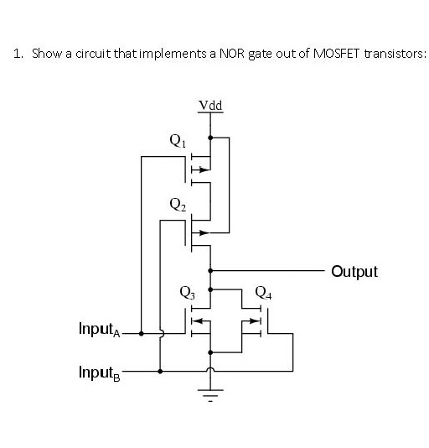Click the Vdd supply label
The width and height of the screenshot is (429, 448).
click(210, 106)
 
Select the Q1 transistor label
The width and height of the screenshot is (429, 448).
click(178, 141)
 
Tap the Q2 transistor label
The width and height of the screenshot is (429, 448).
click(178, 205)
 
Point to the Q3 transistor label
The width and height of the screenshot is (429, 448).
click(188, 293)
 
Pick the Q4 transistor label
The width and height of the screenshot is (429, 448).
click(263, 293)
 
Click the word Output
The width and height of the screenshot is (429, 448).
click(354, 272)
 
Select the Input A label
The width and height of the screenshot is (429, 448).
click(100, 329)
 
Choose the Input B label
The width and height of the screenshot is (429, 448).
click(100, 372)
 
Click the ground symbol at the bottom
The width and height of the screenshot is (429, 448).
click(210, 395)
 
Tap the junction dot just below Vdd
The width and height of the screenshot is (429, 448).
click(210, 138)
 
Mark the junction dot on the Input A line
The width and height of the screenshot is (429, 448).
click(141, 333)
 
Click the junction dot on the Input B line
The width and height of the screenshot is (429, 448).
click(160, 371)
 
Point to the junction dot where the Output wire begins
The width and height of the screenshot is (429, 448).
click(210, 270)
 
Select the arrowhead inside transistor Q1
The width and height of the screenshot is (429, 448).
click(204, 169)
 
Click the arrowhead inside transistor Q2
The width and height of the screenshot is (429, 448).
click(204, 233)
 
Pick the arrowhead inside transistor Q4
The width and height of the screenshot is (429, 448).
click(254, 320)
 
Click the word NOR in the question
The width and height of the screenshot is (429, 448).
click(231, 54)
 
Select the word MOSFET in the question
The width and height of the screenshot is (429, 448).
click(336, 54)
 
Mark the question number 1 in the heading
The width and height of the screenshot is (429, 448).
click(18, 54)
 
